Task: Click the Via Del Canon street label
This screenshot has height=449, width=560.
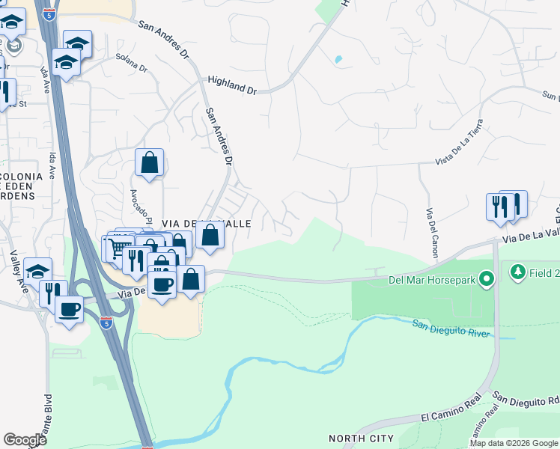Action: [x=431, y=233]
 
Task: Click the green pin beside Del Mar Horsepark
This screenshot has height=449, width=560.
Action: [x=487, y=281]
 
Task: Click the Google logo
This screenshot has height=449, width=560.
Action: [x=25, y=440]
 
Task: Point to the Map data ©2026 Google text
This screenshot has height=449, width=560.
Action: [x=514, y=443]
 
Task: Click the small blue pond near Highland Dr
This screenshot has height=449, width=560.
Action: [x=338, y=59]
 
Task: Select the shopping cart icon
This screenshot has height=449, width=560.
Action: [x=116, y=247]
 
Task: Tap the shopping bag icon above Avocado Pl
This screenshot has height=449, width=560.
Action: [x=149, y=162]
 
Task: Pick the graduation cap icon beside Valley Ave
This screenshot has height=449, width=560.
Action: [x=37, y=271]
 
